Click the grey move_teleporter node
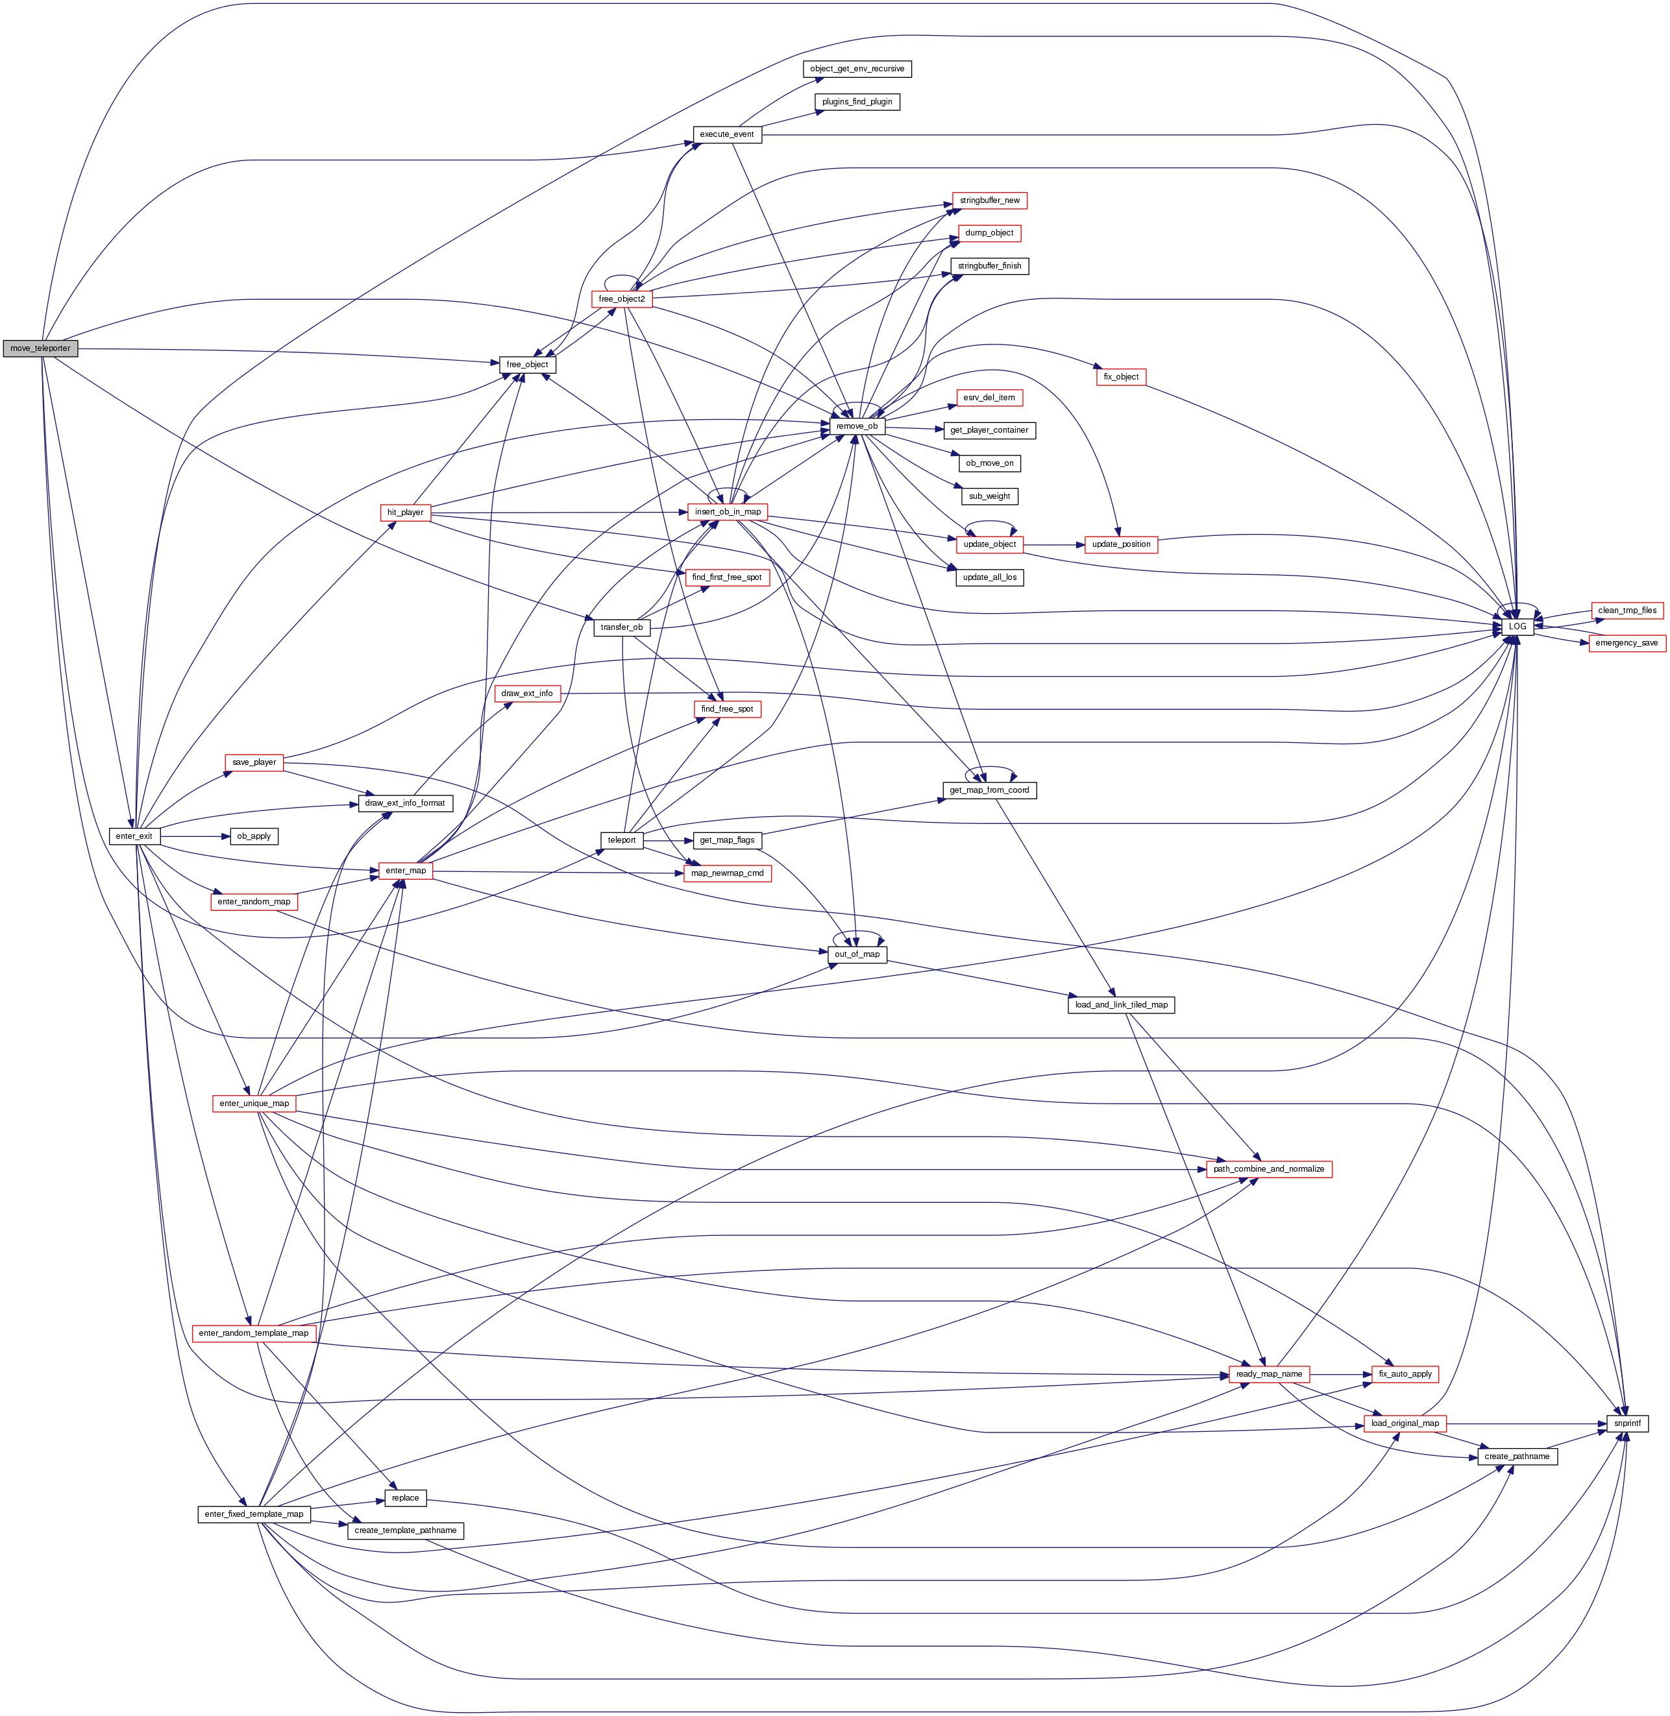[40, 348]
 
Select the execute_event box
[726, 134]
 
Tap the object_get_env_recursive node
[857, 68]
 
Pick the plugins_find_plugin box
[857, 102]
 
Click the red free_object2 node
[622, 299]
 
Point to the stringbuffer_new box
[989, 201]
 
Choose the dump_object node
[989, 234]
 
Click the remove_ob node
[857, 426]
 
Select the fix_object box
[1121, 377]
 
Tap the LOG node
[1517, 627]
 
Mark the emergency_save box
[1626, 643]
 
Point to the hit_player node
[405, 512]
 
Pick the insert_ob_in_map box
[728, 512]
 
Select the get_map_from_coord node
[989, 790]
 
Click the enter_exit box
[134, 836]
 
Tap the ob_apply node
[254, 836]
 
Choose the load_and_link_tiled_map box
[1121, 1005]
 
